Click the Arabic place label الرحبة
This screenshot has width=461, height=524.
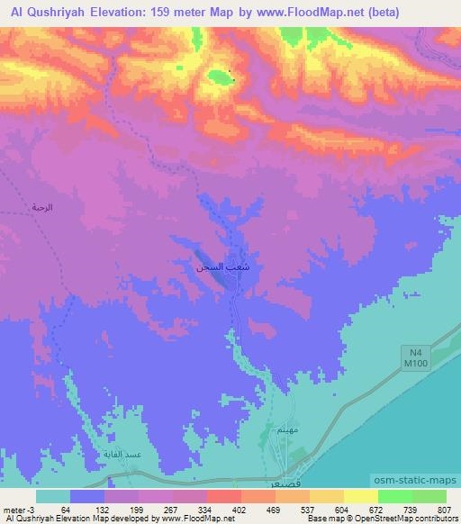[42, 208]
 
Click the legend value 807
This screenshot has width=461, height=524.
[445, 510]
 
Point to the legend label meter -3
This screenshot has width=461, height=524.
[20, 510]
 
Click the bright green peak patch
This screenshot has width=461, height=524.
[218, 77]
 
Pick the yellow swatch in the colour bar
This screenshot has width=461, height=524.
[361, 496]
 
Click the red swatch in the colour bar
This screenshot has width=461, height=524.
[221, 496]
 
